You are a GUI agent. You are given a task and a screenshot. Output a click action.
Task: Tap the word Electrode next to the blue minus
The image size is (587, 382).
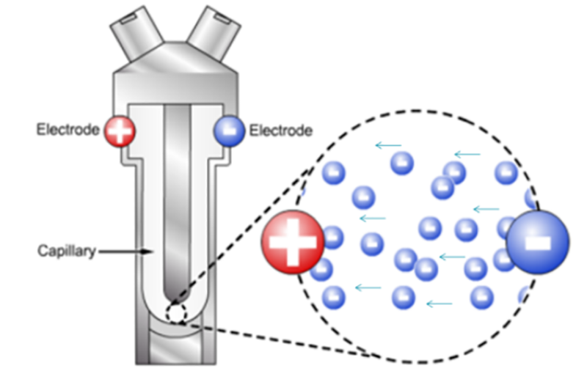(x=280, y=131)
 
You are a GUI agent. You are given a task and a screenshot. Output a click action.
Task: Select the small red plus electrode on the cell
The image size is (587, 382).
(x=120, y=131)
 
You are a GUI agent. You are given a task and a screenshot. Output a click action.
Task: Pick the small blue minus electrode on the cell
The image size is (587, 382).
(x=230, y=131)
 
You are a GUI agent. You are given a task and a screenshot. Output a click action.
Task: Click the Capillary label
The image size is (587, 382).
(x=66, y=251)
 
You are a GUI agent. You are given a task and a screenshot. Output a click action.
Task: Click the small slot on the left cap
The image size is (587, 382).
(x=129, y=16)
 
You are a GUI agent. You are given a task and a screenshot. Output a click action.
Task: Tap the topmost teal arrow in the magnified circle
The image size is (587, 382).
(x=387, y=145)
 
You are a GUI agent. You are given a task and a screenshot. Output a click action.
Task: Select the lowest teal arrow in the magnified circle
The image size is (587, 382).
(x=440, y=303)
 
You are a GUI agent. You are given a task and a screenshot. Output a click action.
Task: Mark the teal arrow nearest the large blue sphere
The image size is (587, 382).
(x=486, y=209)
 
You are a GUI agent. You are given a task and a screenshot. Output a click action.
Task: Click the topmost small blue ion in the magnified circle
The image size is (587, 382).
(x=402, y=163)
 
